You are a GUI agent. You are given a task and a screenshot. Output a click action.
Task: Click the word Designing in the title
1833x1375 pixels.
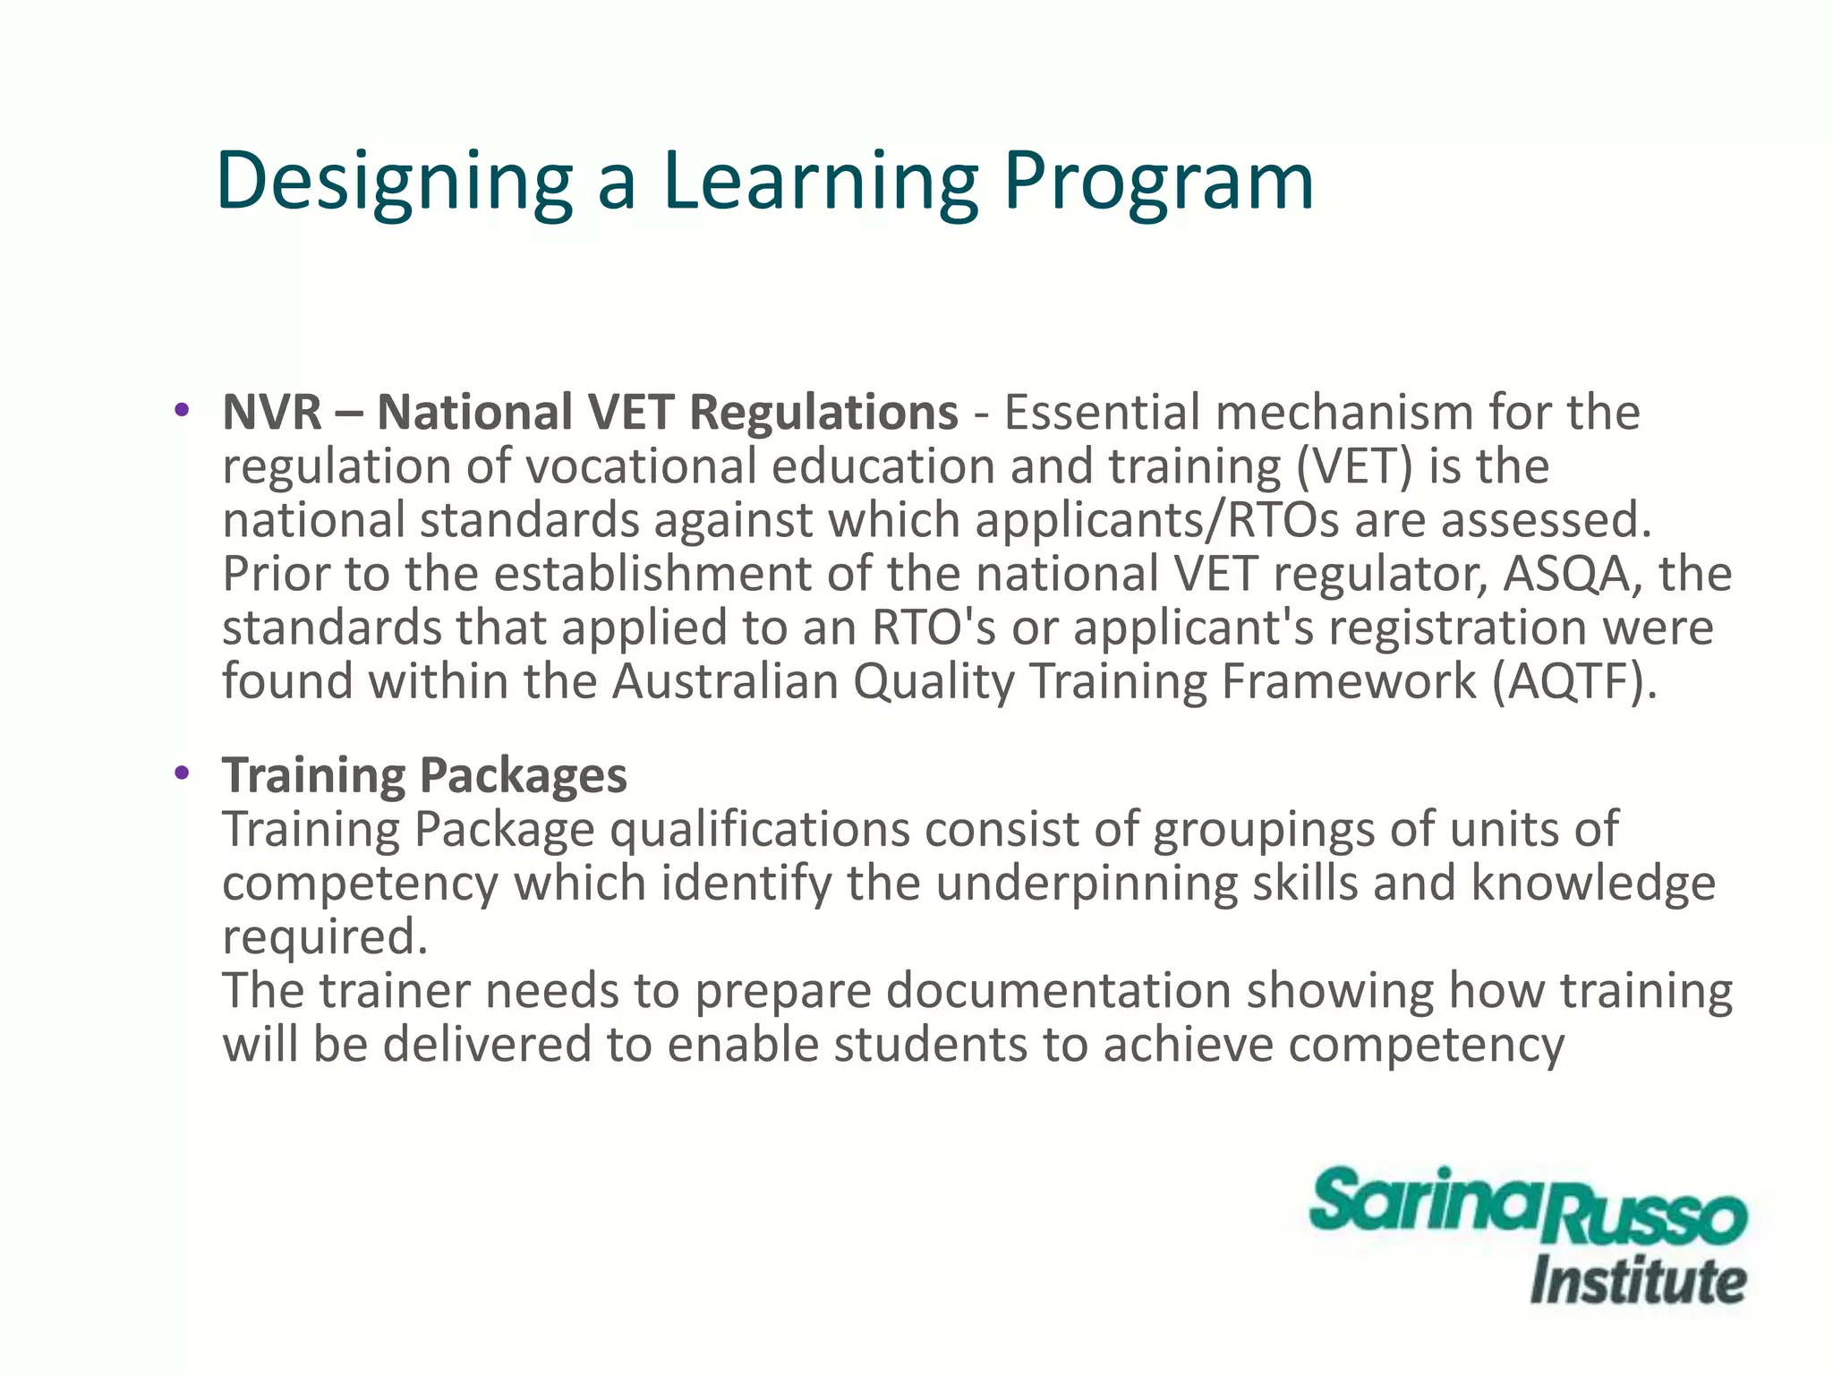click(x=394, y=183)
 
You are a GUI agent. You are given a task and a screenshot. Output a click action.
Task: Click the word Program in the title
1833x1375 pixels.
click(x=1158, y=183)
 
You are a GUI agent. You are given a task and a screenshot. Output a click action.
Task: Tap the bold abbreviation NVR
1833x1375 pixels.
click(x=272, y=413)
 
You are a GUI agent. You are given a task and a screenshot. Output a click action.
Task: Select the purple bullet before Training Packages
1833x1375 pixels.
click(x=183, y=773)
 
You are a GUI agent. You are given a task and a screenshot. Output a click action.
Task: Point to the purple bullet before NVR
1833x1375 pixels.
click(x=183, y=411)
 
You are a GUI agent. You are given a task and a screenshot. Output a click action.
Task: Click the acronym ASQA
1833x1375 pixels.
click(x=1573, y=574)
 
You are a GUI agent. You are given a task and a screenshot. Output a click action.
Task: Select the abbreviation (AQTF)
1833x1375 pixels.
click(x=1574, y=681)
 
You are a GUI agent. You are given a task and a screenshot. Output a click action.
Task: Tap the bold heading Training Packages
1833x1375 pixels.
click(x=424, y=775)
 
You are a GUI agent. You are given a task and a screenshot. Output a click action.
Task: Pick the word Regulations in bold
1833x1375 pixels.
click(x=823, y=413)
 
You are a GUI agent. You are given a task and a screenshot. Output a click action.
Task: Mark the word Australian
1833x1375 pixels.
click(x=724, y=681)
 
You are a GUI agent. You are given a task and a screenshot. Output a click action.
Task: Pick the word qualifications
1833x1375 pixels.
click(x=760, y=830)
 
